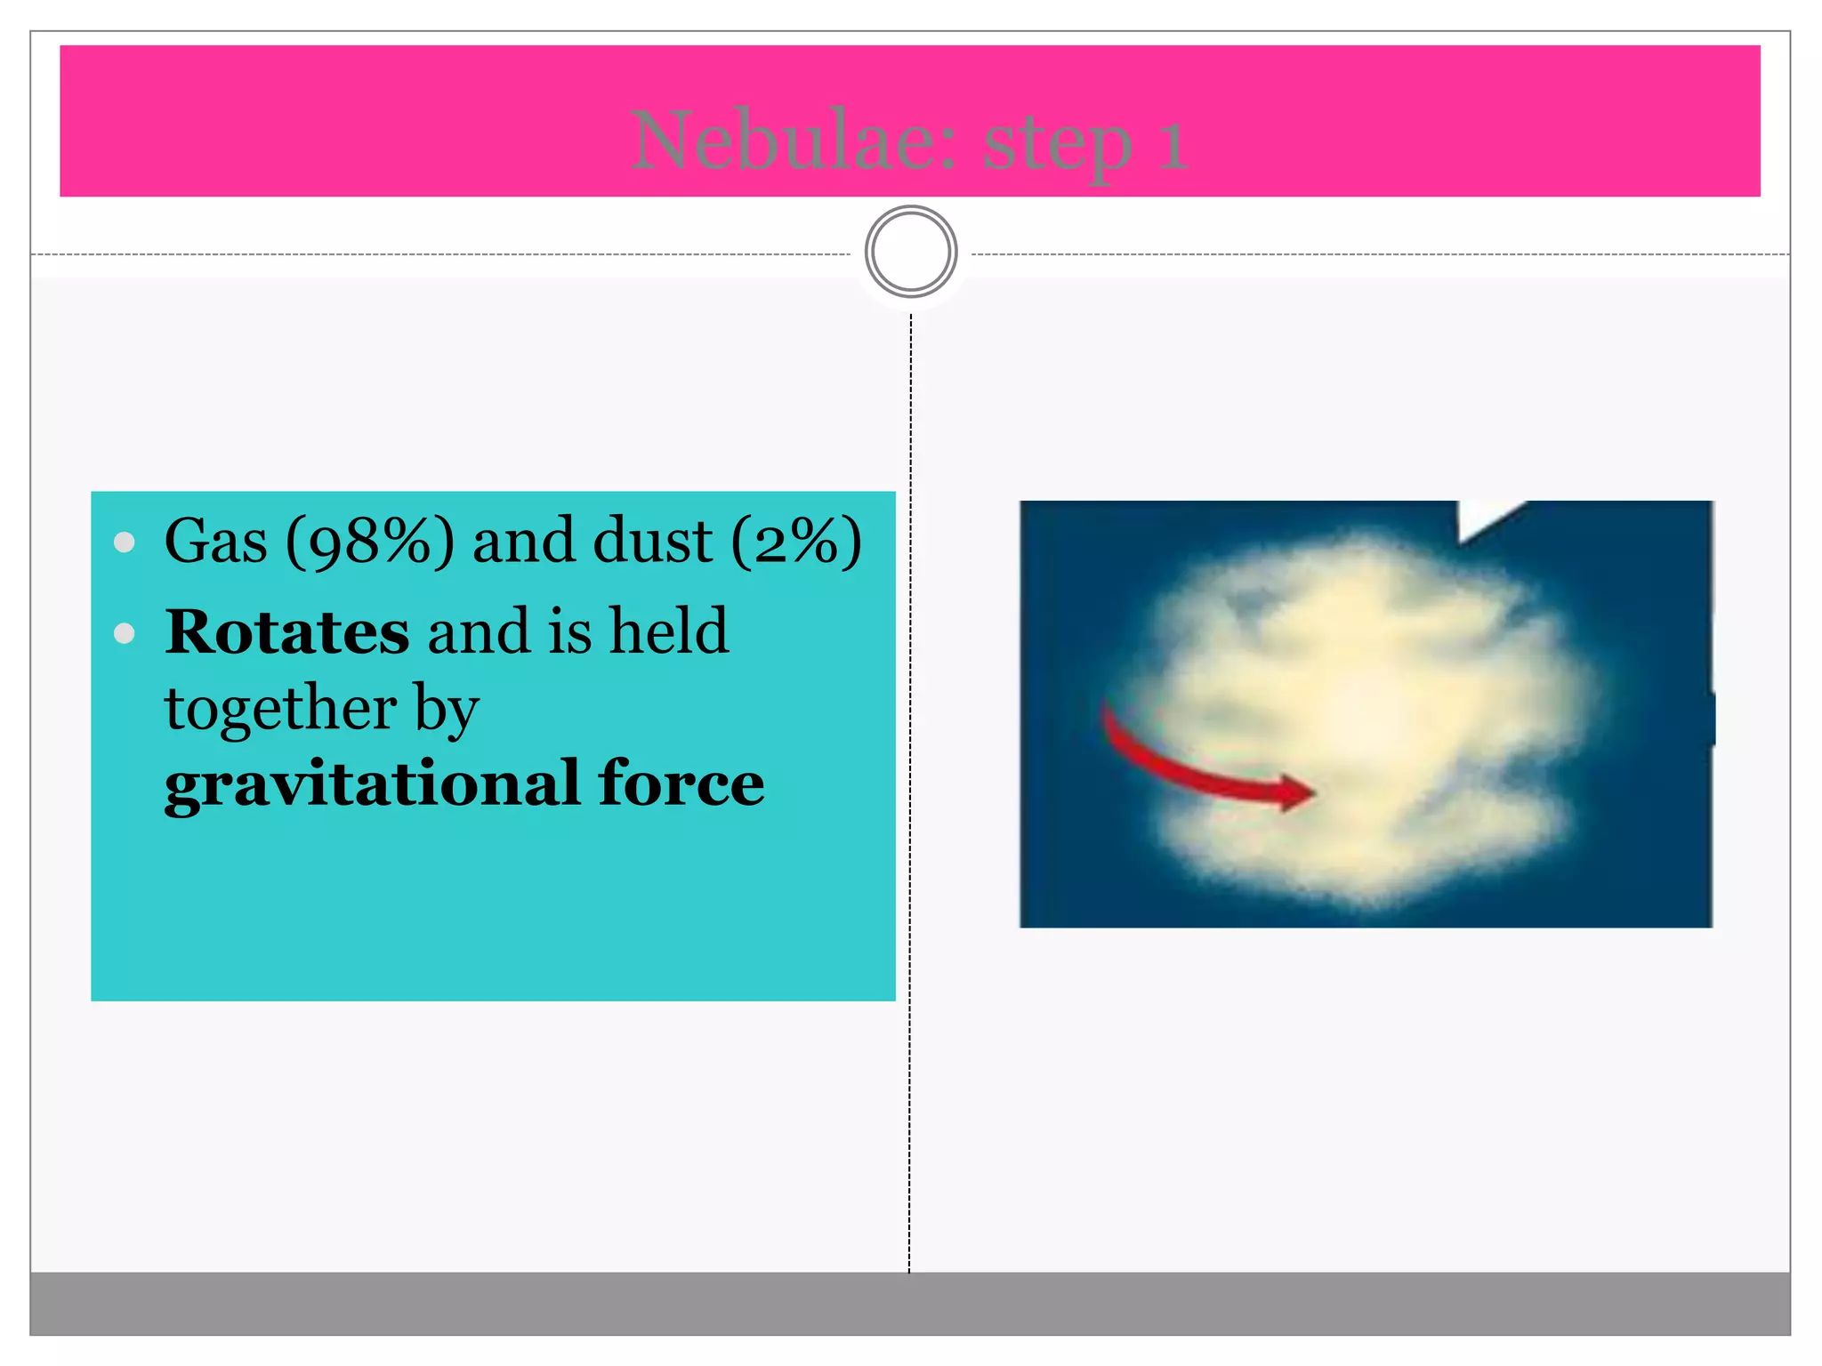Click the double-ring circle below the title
click(x=910, y=252)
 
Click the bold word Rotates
click(x=286, y=631)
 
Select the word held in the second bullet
click(x=669, y=631)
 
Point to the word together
click(x=280, y=710)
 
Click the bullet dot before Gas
click(x=125, y=542)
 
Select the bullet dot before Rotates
click(x=125, y=633)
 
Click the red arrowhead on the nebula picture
click(x=1294, y=791)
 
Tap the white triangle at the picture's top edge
click(x=1481, y=518)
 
